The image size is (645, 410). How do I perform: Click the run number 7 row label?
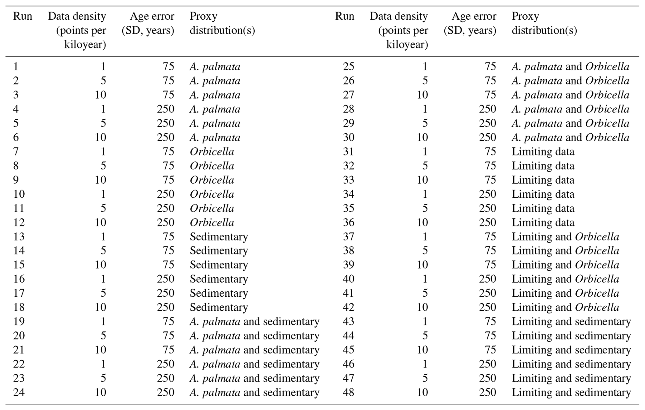tap(16, 151)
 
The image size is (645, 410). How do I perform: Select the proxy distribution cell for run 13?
tap(219, 236)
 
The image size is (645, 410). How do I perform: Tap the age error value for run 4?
tap(165, 109)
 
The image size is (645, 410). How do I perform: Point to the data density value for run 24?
tap(100, 392)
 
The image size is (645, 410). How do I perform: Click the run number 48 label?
tap(348, 392)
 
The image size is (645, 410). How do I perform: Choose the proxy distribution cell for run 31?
tap(543, 151)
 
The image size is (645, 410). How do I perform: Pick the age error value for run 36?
tap(487, 222)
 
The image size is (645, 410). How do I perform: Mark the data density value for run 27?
tap(422, 95)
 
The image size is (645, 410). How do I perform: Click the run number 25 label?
tap(348, 67)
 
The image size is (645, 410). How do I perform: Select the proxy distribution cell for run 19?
tap(254, 321)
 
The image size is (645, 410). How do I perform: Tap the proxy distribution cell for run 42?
tap(565, 307)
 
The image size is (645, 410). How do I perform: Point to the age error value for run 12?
tap(165, 222)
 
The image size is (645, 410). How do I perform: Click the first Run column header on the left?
tap(22, 16)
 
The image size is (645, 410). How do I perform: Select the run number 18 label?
tap(19, 307)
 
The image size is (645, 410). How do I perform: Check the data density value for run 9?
tap(100, 180)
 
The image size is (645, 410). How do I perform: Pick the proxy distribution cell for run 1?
tap(215, 67)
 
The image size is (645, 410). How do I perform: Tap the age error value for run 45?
tap(490, 350)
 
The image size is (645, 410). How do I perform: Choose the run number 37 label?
tap(348, 236)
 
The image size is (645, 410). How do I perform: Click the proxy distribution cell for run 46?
tap(571, 364)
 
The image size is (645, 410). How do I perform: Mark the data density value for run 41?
tap(425, 293)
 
